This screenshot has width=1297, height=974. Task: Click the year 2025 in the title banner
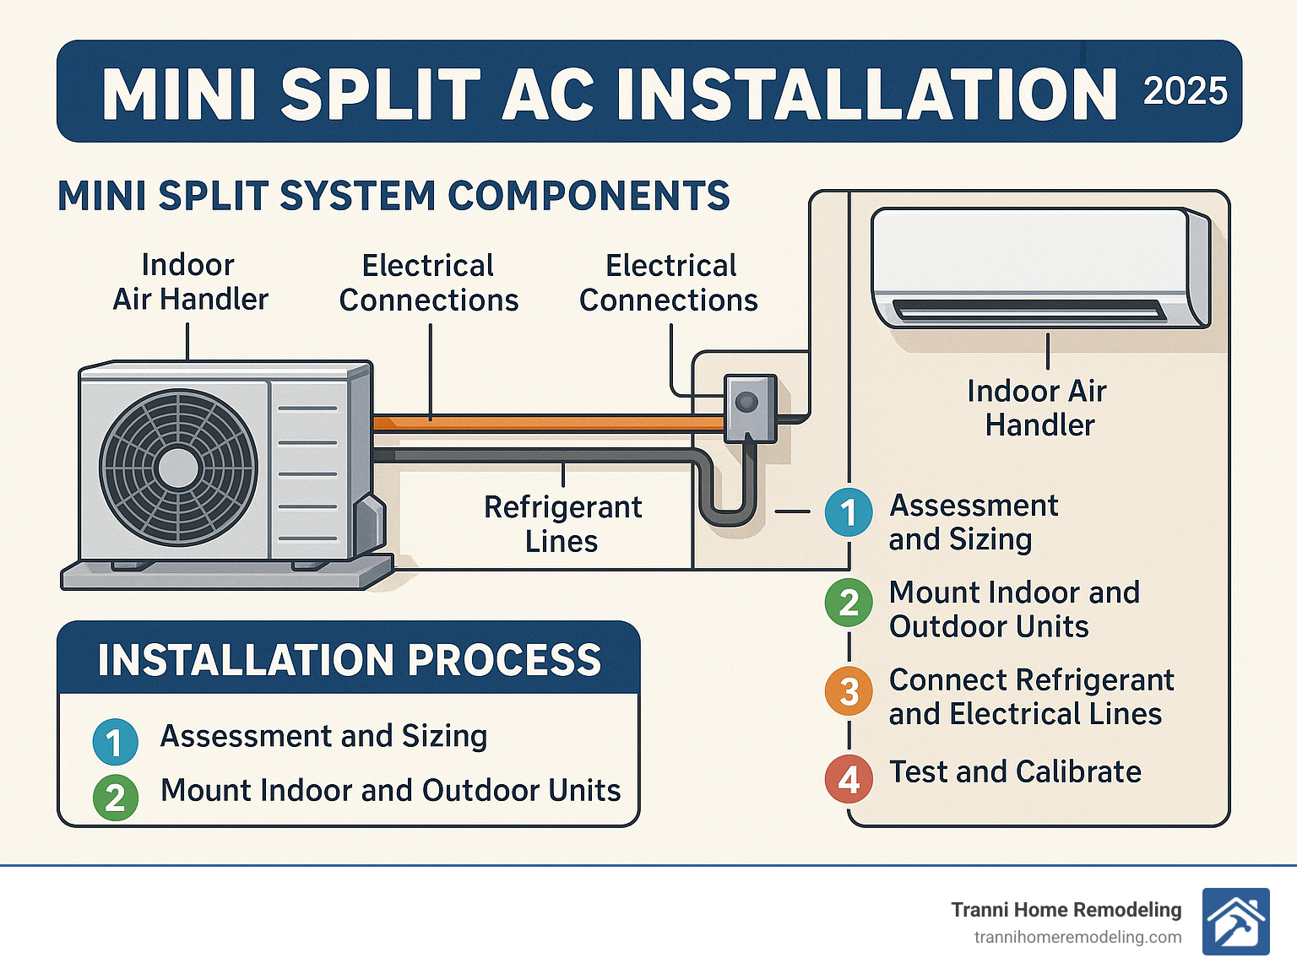[x=1185, y=91]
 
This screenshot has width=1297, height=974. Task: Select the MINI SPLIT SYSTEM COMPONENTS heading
[x=393, y=196]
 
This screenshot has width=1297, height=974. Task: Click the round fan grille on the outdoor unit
[x=178, y=467]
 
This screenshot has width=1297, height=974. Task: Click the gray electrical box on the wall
[x=749, y=409]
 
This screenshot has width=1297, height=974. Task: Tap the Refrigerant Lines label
[x=562, y=523]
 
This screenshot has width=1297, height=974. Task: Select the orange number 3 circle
[x=849, y=691]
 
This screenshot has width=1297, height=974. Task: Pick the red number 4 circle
[x=849, y=778]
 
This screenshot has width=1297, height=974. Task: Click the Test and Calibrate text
[x=1015, y=771]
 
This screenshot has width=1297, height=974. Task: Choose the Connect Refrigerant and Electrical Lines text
[x=1030, y=696]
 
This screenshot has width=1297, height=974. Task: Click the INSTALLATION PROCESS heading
[x=349, y=660]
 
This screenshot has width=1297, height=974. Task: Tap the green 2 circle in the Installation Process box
[x=116, y=797]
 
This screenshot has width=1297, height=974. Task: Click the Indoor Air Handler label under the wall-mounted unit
[x=1038, y=408]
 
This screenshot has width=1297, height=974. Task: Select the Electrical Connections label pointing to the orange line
[x=428, y=283]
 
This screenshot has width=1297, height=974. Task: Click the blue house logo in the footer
[x=1235, y=922]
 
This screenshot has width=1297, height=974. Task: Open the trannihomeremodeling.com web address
[x=1077, y=937]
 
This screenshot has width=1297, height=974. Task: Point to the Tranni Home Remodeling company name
[x=1066, y=909]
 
